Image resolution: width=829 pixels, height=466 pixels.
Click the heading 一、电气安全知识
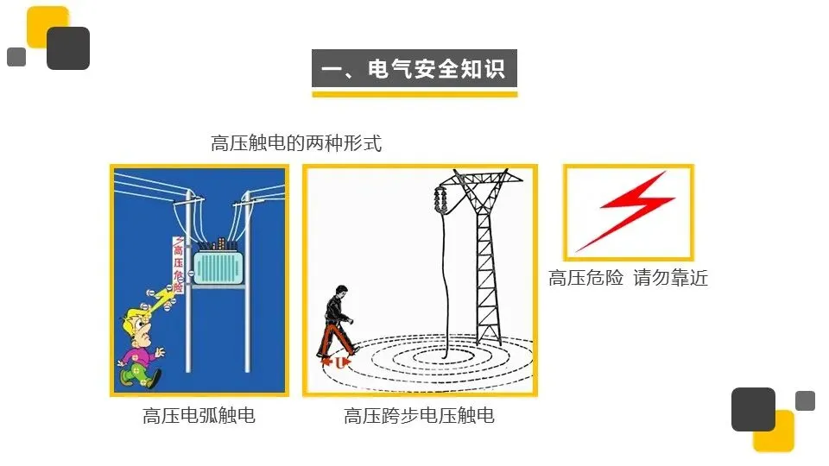pyautogui.click(x=414, y=68)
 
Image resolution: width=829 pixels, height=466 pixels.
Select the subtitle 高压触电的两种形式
pyautogui.click(x=295, y=143)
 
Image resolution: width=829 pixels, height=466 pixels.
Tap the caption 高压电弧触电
pyautogui.click(x=199, y=416)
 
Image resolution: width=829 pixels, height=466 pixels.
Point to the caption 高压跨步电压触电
pyautogui.click(x=419, y=416)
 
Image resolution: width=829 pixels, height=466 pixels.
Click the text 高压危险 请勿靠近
pyautogui.click(x=628, y=279)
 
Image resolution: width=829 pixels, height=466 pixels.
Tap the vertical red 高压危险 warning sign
pyautogui.click(x=179, y=263)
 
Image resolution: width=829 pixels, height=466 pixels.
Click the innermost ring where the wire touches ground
pyautogui.click(x=443, y=354)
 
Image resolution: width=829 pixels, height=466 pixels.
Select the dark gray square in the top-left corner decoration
pyautogui.click(x=67, y=48)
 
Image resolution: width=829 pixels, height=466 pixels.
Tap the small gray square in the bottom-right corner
pyautogui.click(x=805, y=400)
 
